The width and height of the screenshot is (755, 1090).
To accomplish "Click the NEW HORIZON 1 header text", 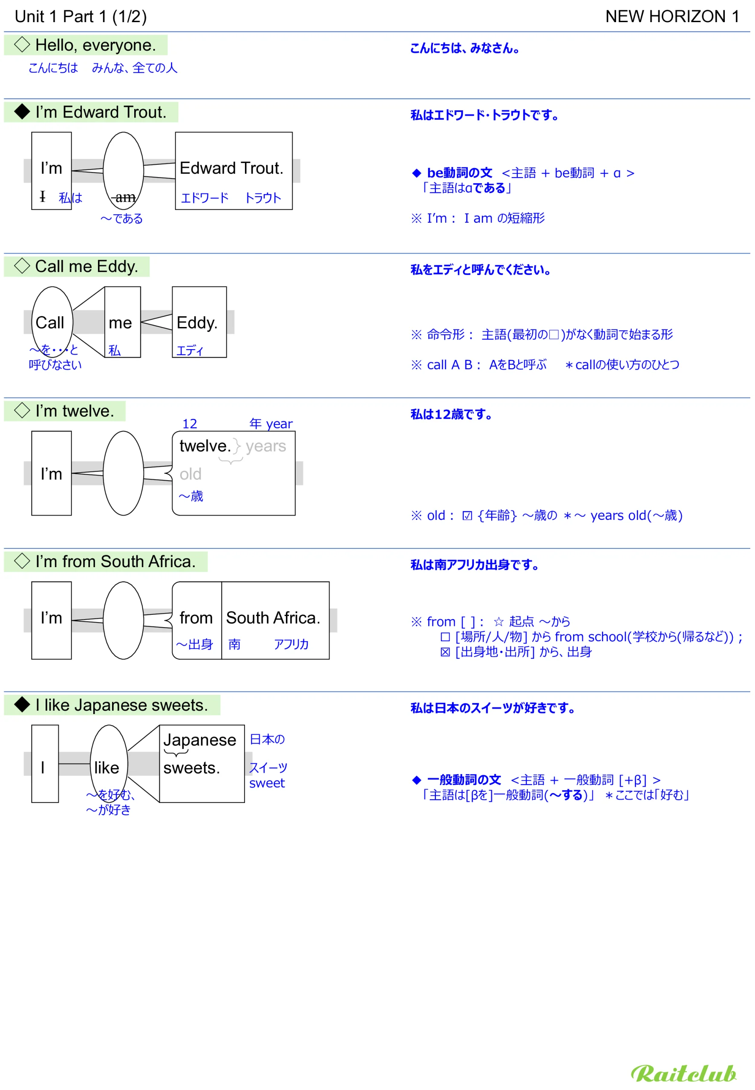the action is point(672,17).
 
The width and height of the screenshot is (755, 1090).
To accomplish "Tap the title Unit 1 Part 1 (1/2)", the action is point(81,17).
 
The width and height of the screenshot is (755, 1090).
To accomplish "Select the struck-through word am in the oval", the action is point(125,197).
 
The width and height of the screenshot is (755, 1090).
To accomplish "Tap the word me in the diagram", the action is point(120,323).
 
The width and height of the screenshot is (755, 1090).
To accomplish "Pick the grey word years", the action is point(266,446).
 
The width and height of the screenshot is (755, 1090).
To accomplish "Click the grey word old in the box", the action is point(190,473).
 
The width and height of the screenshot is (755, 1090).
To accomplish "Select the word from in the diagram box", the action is point(196,618).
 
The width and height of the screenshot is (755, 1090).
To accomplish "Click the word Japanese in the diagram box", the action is point(200,740).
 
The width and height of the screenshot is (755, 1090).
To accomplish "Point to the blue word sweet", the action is point(267,783).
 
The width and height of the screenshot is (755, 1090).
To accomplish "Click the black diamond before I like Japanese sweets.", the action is point(22,704).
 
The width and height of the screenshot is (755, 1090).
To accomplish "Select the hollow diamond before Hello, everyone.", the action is point(22,44).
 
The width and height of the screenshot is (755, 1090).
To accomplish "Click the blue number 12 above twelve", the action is point(190,424).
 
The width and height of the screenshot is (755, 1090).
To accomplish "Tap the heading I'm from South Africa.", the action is point(115,561).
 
